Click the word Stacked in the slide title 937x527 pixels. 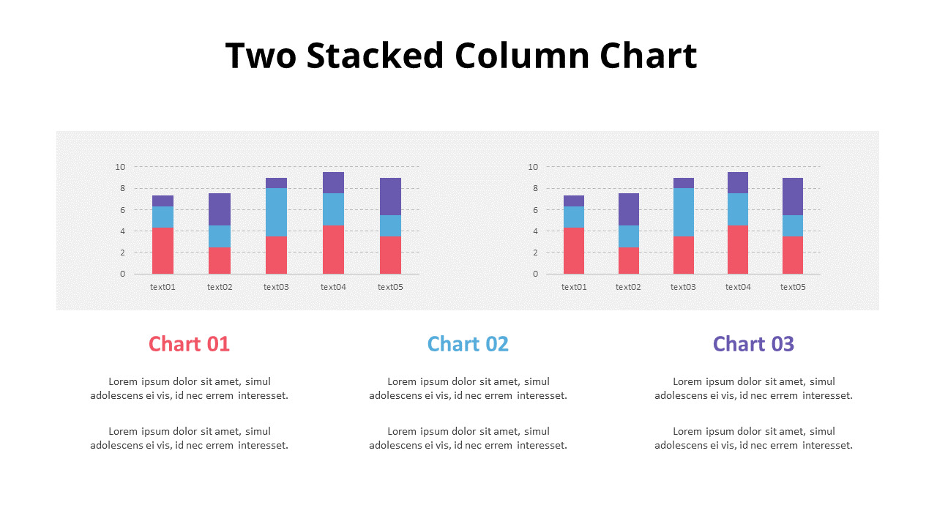[x=375, y=56]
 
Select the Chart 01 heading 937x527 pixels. [x=189, y=343]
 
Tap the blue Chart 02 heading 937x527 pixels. [x=468, y=343]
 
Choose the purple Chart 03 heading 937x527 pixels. [x=753, y=343]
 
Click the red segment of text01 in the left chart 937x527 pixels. [x=163, y=251]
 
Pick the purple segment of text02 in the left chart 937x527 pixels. [x=220, y=209]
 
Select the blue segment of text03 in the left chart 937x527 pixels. [x=276, y=212]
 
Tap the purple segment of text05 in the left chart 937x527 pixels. [x=390, y=196]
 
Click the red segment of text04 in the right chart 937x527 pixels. [x=738, y=250]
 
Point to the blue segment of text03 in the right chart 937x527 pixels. [x=684, y=212]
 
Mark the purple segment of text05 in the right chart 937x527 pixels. [x=793, y=196]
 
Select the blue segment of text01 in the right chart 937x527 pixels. [x=574, y=217]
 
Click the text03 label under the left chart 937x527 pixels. [x=276, y=287]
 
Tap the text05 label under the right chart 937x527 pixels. [x=793, y=287]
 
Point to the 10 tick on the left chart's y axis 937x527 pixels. [x=120, y=167]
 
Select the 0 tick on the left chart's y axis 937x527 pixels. [x=122, y=274]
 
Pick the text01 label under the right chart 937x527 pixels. [x=574, y=287]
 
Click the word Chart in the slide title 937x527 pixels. [x=649, y=56]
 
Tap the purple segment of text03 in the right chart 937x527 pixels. [x=684, y=183]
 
